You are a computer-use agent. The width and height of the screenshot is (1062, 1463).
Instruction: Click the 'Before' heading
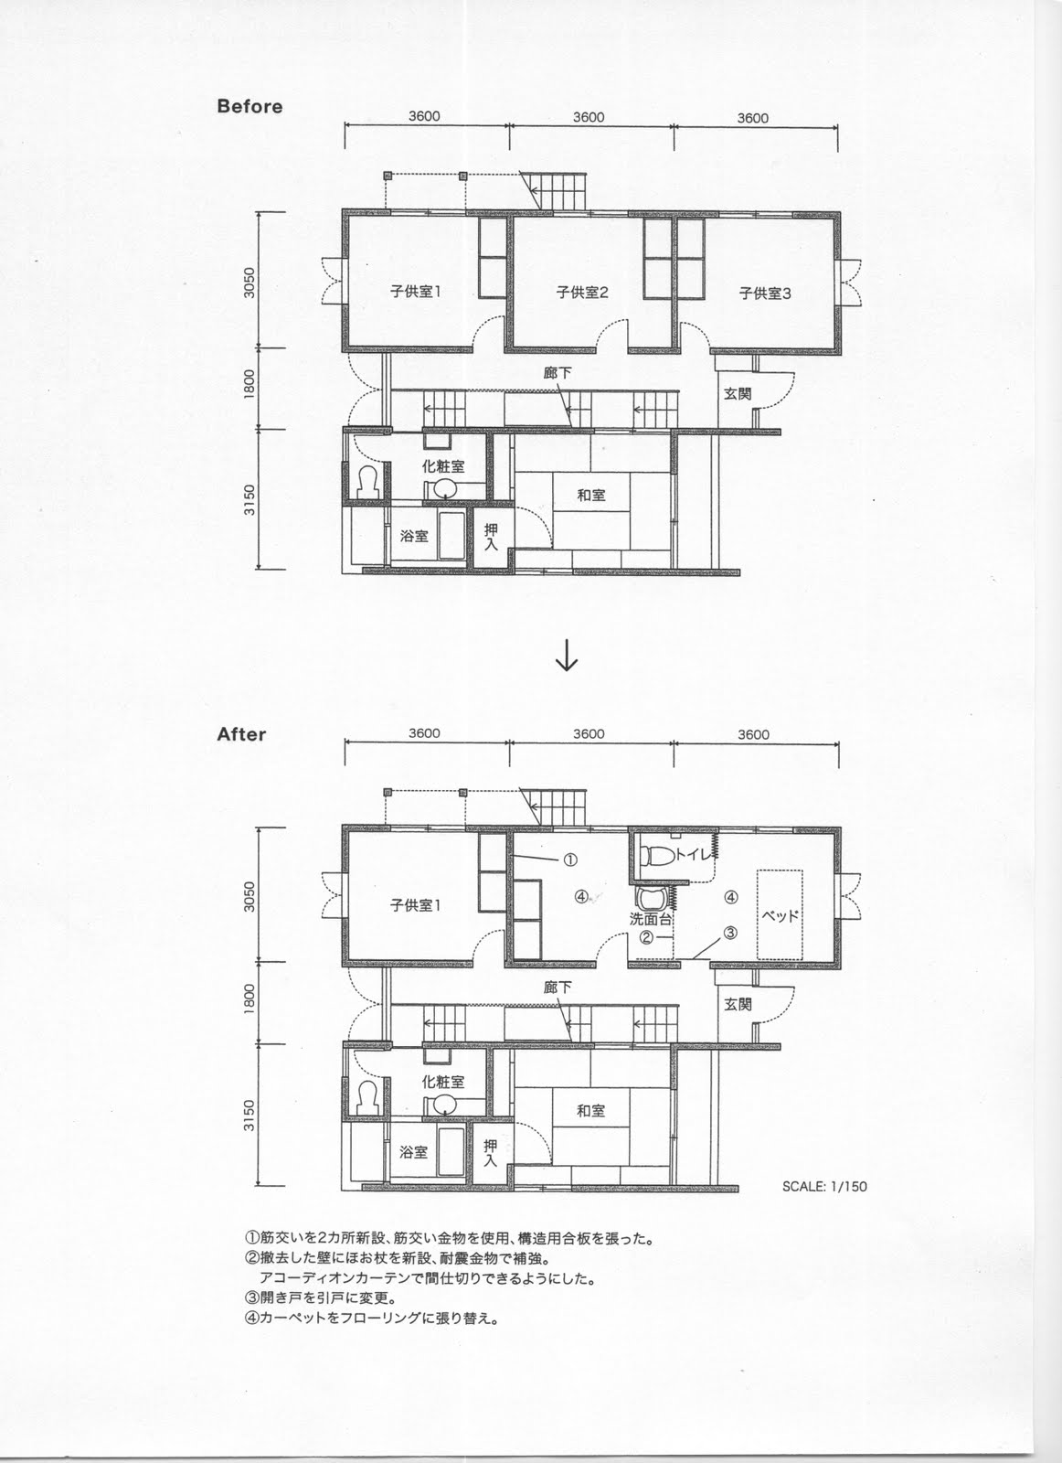250,106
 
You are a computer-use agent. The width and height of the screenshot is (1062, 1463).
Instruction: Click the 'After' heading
241,734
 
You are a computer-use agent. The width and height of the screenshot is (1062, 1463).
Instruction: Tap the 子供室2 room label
581,292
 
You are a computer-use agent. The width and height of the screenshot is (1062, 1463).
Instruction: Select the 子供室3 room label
764,294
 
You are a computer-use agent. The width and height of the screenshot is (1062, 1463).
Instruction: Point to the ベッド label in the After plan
780,915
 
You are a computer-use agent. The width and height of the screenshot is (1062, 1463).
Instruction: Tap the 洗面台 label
650,919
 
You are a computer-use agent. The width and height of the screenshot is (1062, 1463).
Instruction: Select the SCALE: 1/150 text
824,1186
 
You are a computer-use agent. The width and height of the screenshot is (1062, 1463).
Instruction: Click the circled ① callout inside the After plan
569,860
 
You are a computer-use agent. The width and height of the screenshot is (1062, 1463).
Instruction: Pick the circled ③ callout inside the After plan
730,933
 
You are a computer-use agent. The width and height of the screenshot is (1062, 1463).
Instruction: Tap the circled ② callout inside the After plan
645,937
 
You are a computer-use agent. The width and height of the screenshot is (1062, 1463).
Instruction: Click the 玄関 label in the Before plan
738,394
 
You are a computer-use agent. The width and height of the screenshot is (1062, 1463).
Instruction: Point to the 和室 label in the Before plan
590,495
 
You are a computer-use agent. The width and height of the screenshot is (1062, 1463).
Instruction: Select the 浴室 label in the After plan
414,1152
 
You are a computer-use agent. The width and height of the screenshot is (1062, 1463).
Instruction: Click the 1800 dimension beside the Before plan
250,383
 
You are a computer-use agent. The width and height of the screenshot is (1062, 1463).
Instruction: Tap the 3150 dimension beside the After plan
250,1116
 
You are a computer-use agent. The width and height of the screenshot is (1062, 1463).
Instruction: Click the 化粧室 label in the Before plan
443,466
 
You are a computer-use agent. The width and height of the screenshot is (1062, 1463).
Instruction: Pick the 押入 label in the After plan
490,1153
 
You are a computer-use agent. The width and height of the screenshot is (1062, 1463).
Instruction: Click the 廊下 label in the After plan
557,987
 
